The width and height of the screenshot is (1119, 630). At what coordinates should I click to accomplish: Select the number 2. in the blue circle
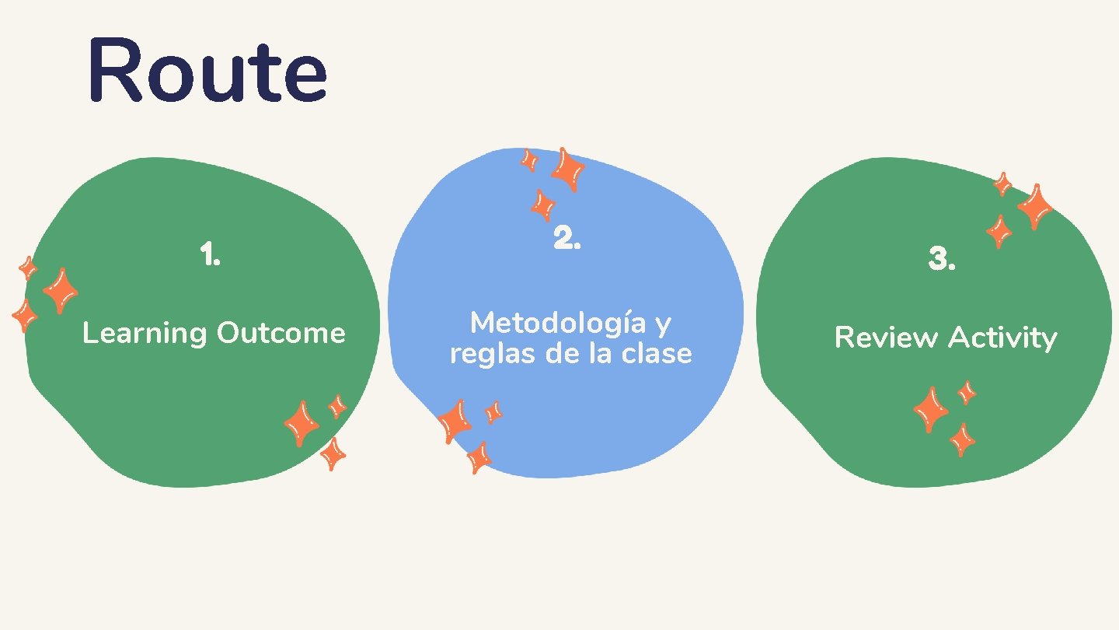[x=567, y=238]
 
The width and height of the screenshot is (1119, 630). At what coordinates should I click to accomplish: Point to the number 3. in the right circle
[x=942, y=261]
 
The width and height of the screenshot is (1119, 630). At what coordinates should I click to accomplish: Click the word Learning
[x=145, y=334]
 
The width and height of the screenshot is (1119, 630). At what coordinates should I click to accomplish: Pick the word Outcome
[x=281, y=333]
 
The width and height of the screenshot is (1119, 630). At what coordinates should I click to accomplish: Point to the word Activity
[x=1002, y=338]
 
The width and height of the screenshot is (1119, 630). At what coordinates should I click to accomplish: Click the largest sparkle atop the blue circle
[x=569, y=169]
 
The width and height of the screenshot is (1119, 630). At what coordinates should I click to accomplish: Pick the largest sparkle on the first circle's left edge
[x=60, y=291]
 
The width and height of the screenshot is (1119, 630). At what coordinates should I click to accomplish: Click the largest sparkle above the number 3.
[x=1035, y=206]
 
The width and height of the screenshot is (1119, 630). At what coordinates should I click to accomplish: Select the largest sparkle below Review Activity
[x=931, y=409]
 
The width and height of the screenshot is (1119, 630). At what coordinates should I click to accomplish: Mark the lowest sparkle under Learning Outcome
[x=333, y=453]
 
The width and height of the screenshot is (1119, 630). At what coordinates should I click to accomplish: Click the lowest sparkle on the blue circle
[x=479, y=457]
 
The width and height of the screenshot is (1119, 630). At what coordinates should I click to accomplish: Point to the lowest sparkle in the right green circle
[x=962, y=440]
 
